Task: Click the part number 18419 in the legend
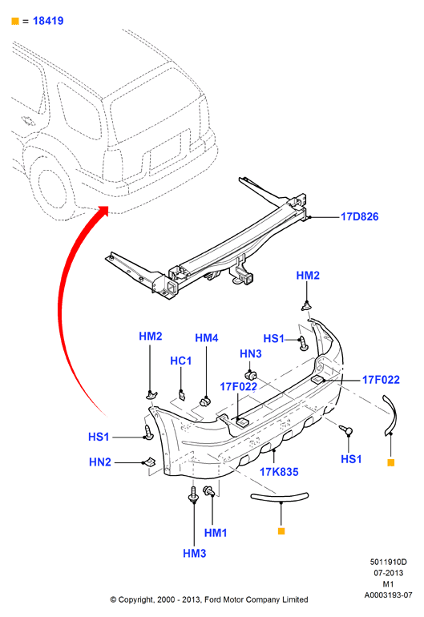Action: pyautogui.click(x=48, y=21)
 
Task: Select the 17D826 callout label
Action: pyautogui.click(x=359, y=217)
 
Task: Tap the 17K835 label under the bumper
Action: pyautogui.click(x=279, y=472)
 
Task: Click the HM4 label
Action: pyautogui.click(x=206, y=338)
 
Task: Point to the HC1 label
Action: pyautogui.click(x=180, y=361)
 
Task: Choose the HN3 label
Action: pyautogui.click(x=251, y=353)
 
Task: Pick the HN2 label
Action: pyautogui.click(x=100, y=462)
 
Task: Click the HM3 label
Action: pyautogui.click(x=195, y=553)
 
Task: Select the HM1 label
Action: pyautogui.click(x=216, y=533)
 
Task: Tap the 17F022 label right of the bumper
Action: pyautogui.click(x=381, y=380)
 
